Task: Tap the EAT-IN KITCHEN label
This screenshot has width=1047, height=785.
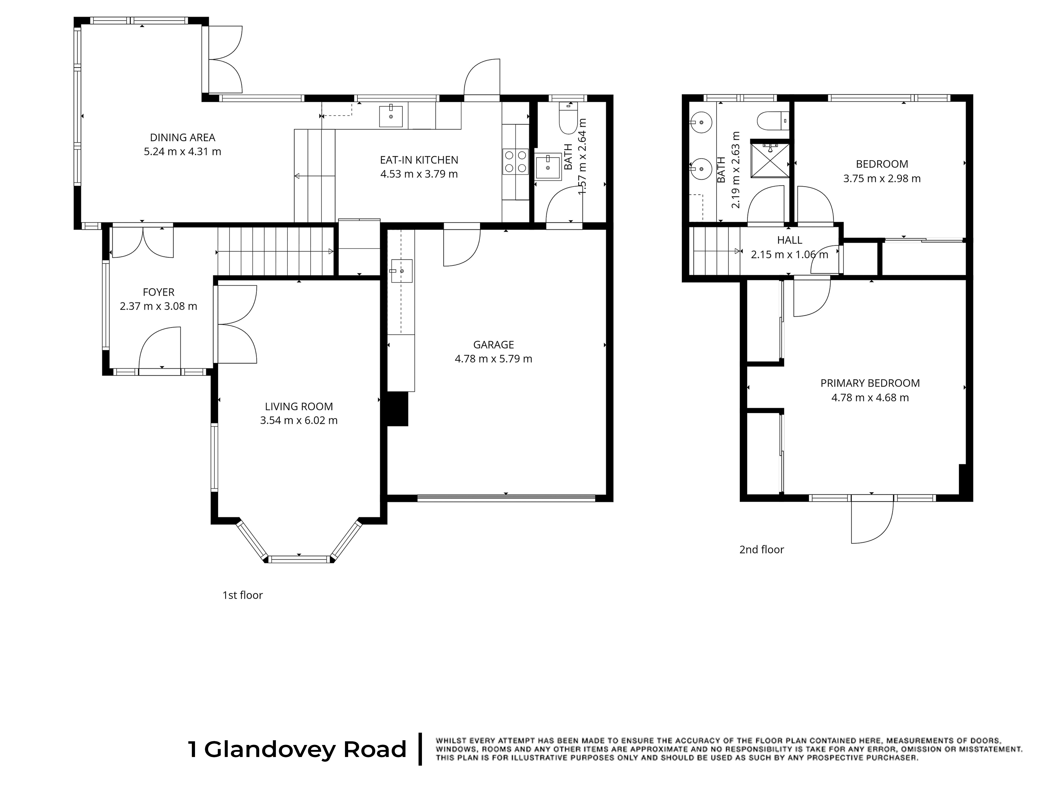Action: [x=419, y=160]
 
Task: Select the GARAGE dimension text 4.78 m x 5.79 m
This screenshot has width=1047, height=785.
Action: [x=493, y=359]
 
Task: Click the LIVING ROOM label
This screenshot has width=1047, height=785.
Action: [x=299, y=406]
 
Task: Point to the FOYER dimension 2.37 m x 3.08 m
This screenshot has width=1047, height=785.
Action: [x=159, y=306]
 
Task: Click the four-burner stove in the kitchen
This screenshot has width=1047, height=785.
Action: [x=515, y=161]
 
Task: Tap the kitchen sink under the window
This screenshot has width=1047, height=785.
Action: [x=391, y=116]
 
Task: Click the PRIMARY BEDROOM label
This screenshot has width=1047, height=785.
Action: [x=870, y=383]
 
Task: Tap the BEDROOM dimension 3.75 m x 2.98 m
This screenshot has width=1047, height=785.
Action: [x=882, y=178]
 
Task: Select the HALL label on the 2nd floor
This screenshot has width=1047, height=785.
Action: [x=789, y=240]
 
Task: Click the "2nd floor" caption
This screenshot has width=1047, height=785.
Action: [x=762, y=549]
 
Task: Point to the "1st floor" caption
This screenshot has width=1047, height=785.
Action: [x=242, y=595]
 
